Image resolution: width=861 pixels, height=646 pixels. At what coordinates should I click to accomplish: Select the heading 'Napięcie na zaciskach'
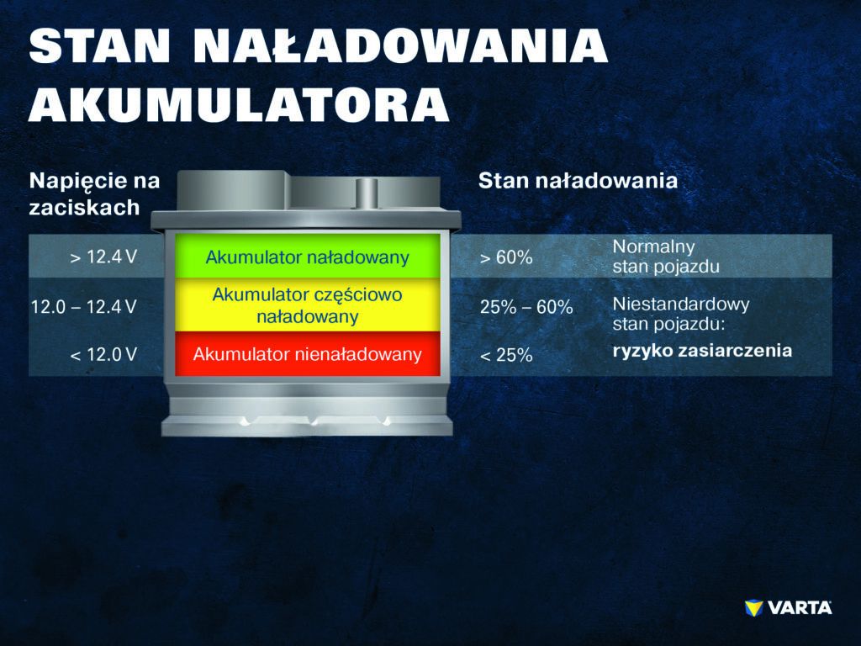tap(94, 194)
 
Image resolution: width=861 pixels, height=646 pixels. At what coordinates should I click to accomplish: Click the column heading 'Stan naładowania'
tap(578, 181)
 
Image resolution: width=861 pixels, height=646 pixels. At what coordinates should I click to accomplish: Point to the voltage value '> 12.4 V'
tap(103, 257)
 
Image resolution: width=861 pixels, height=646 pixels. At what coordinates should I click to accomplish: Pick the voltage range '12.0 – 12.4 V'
tap(83, 306)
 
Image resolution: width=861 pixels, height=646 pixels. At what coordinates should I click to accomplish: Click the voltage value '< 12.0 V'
tap(103, 354)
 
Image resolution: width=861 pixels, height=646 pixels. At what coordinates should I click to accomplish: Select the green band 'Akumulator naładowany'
tap(308, 256)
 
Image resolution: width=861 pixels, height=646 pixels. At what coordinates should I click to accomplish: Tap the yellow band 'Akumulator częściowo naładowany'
tap(308, 304)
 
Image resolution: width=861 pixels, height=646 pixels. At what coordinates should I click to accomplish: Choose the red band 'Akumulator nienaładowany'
tap(308, 354)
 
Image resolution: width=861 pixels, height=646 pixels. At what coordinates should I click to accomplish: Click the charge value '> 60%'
tap(505, 257)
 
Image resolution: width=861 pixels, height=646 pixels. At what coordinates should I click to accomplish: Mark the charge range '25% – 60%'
tap(526, 306)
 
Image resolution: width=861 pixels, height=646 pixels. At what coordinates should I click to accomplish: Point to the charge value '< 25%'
tap(505, 355)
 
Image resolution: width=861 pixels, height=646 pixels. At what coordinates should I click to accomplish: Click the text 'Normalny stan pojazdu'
tap(666, 257)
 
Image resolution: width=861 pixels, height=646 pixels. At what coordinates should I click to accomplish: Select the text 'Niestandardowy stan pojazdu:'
tap(681, 314)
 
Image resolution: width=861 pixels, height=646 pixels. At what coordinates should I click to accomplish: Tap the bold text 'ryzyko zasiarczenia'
tap(702, 351)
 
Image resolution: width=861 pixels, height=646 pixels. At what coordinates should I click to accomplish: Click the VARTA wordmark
tap(800, 607)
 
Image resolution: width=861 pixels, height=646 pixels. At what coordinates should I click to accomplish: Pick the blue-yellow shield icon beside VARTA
tap(753, 607)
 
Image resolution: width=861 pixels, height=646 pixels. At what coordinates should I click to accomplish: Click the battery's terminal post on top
tap(367, 194)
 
